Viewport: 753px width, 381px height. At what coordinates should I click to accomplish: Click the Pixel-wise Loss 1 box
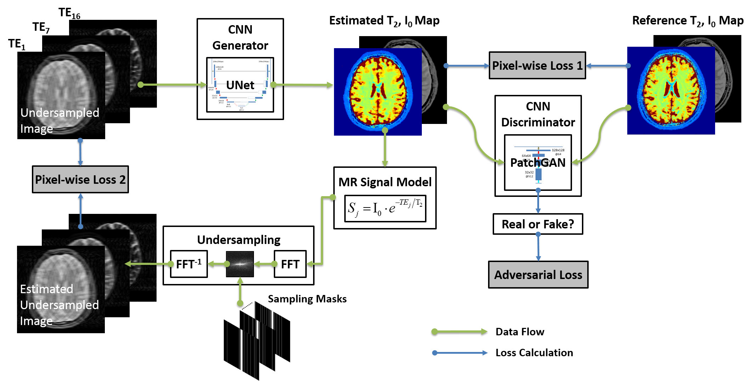coord(537,66)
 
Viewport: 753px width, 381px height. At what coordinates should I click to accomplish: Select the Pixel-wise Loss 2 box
coord(80,180)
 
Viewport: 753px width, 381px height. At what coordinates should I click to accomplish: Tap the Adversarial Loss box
coord(538,275)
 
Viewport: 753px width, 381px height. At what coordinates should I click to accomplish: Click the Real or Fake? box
coord(538,224)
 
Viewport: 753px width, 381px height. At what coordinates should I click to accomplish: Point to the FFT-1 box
coord(189,264)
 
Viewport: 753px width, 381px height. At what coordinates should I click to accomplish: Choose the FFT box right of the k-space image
coord(290,264)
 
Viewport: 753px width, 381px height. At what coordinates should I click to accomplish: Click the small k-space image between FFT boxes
coord(240,264)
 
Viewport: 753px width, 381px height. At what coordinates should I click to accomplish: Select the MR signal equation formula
coord(385,208)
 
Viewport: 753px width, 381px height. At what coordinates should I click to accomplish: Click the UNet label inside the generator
coord(240,85)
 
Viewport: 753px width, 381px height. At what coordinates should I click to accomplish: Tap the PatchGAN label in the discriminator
coord(538,163)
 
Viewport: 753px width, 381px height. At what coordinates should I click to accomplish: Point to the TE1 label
coord(17,44)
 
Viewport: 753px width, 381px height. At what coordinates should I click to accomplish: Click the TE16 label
coord(69,13)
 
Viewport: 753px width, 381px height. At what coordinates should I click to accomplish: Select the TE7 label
coord(41,28)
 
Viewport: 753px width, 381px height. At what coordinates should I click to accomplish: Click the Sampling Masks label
coord(307,299)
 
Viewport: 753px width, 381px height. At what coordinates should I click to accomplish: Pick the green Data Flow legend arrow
coord(459,332)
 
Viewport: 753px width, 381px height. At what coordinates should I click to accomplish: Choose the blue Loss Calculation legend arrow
coord(459,353)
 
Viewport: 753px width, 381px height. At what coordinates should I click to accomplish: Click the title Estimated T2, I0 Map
coord(384,21)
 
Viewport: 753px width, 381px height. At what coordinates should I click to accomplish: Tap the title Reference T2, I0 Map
coord(687,21)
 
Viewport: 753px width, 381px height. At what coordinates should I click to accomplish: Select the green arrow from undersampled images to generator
coord(173,85)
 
